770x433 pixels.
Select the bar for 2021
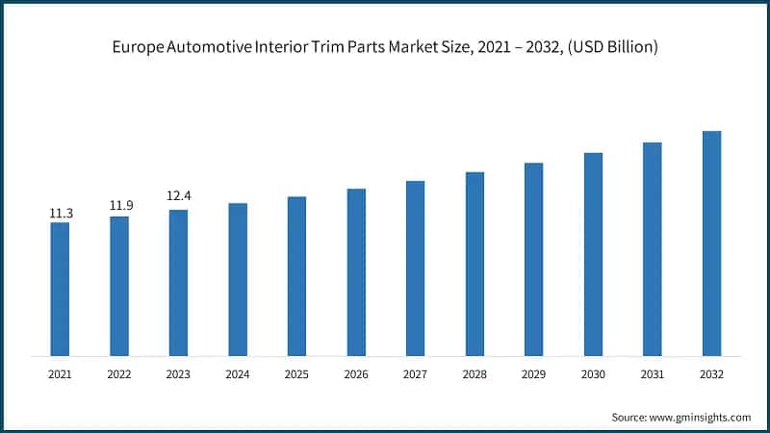[60, 289]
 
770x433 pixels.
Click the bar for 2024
[238, 279]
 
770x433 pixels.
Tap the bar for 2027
[415, 268]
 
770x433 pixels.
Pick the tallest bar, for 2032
[711, 243]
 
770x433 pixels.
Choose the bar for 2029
[533, 260]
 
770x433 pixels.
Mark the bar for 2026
[356, 272]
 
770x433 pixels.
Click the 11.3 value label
[60, 213]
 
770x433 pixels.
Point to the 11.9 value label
[119, 206]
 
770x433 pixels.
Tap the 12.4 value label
[178, 196]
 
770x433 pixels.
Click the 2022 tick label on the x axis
[119, 373]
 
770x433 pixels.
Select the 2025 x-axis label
[296, 373]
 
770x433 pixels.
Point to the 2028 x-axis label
[475, 373]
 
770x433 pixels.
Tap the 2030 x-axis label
[593, 373]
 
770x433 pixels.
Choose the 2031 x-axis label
[652, 373]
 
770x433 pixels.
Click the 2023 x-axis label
[178, 373]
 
